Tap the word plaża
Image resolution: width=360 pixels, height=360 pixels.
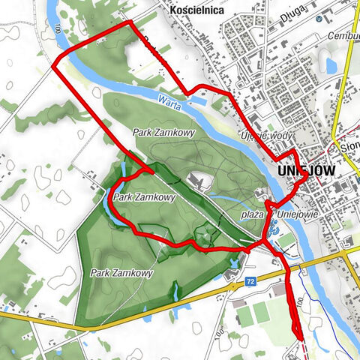tap(252, 214)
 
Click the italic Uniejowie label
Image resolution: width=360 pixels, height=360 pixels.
tap(294, 214)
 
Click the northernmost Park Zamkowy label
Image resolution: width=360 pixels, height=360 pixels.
tap(154, 132)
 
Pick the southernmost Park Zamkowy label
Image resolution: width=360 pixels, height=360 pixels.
tap(120, 273)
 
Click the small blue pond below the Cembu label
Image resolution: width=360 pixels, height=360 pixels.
tap(331, 66)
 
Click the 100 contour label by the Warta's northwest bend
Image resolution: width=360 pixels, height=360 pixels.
tap(57, 30)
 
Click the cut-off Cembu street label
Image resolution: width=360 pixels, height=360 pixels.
tap(344, 35)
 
